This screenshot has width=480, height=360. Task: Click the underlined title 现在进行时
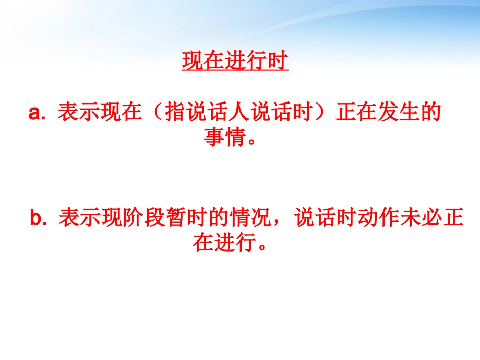coord(235,62)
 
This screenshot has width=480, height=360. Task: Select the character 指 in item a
coord(174,112)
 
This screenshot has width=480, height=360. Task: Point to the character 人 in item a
coord(237,112)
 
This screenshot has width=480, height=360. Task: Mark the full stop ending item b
coord(262,248)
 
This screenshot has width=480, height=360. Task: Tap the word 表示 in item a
coord(78,112)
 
